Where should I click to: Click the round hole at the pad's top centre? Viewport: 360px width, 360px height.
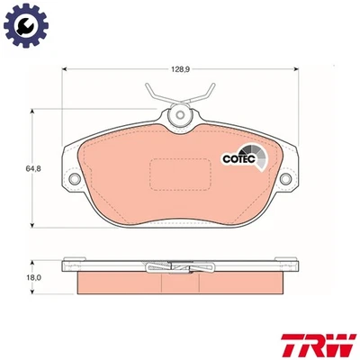tap(181, 115)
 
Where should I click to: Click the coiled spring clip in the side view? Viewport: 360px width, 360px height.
tap(179, 265)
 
